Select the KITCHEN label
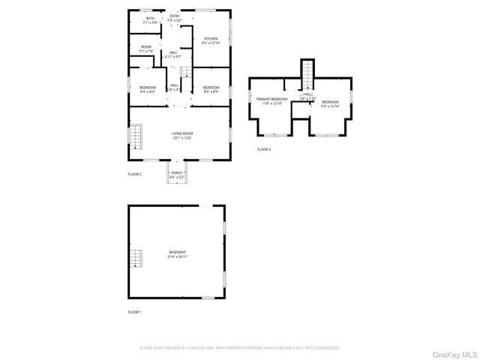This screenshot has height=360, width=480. click(211, 40)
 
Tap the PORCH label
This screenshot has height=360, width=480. click(177, 175)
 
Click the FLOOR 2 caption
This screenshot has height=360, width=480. click(134, 174)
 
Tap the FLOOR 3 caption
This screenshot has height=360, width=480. click(264, 149)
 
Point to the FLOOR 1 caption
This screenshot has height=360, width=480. click(134, 311)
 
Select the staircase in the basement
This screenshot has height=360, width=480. click(135, 259)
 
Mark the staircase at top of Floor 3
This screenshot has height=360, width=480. click(307, 73)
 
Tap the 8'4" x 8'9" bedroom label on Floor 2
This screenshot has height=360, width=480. click(148, 89)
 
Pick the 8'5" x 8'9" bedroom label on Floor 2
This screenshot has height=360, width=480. click(211, 89)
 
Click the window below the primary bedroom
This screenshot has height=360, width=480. click(274, 135)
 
